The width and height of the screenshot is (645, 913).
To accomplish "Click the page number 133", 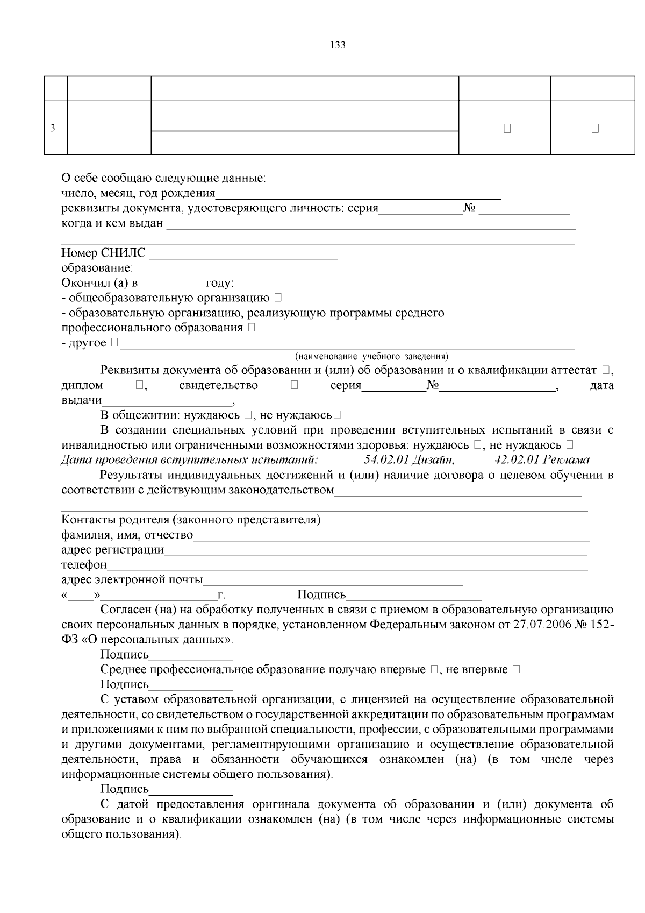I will [x=338, y=45].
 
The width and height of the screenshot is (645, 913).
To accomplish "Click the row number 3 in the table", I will [x=52, y=129].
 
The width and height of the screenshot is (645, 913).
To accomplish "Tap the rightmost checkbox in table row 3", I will [x=595, y=129].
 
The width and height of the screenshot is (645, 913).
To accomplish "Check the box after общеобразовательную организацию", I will [x=278, y=298].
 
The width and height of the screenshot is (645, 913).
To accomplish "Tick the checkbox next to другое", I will [x=114, y=343].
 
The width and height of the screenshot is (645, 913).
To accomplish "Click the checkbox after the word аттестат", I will [x=606, y=370].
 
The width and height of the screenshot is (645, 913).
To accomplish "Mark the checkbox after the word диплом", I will [x=139, y=385].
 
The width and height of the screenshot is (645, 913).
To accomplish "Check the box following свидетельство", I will [x=294, y=385].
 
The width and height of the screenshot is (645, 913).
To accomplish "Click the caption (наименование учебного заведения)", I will [x=371, y=356].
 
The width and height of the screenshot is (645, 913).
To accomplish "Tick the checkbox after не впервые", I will [x=516, y=670].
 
